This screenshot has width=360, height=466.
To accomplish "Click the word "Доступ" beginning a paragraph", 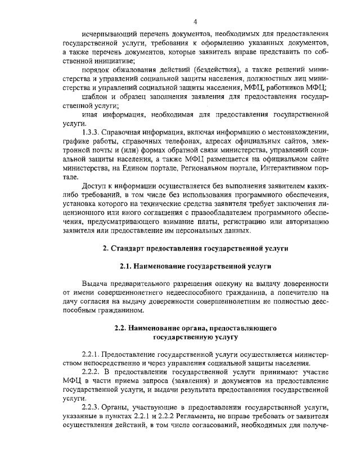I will click(x=94, y=185).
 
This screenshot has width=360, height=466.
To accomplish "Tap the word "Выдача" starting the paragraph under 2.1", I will click(x=94, y=283).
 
